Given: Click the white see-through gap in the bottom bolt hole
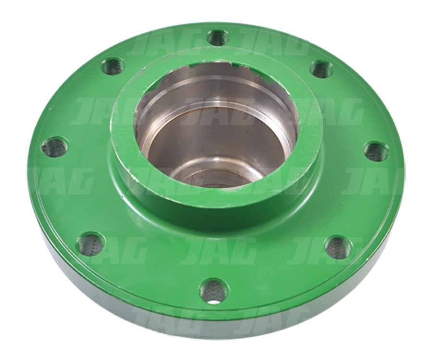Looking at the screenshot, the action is point(212,302).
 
